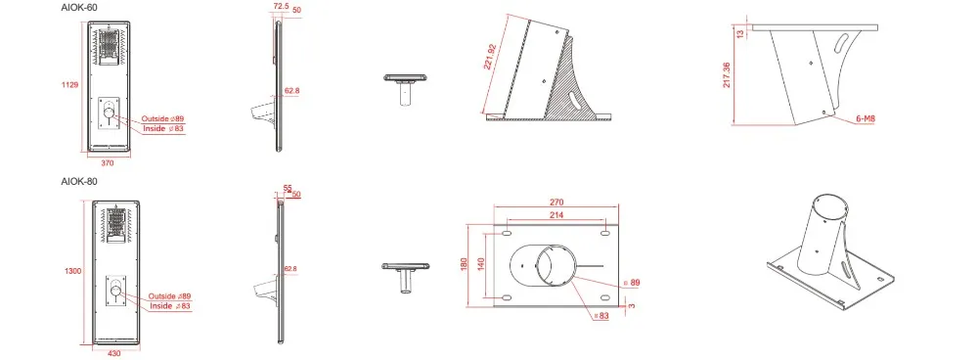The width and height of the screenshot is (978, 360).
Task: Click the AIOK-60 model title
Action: pos(78,8)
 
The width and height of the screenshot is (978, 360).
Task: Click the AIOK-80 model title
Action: pos(78,181)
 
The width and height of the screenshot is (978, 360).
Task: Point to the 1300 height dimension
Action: pos(71,270)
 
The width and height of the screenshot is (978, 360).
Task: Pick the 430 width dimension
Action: pos(114,352)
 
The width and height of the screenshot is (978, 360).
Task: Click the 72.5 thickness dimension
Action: pos(281,6)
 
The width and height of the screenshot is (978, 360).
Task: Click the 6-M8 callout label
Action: pos(865,118)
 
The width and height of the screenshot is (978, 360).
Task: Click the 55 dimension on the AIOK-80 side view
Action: pos(288,187)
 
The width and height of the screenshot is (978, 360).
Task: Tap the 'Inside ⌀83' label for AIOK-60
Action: pos(163,128)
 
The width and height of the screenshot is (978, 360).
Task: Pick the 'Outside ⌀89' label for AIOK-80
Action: pos(170,295)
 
